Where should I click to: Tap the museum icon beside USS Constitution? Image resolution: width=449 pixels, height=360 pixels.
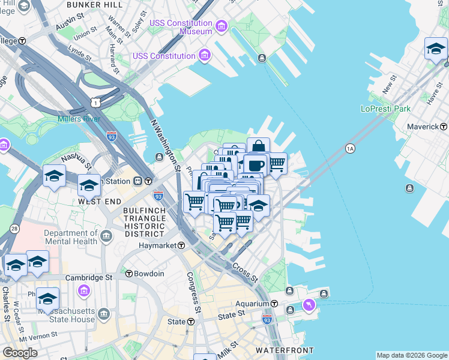(205, 56)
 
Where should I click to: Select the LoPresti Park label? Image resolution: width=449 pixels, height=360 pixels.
(385, 109)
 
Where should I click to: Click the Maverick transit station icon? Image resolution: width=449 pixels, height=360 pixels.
(444, 127)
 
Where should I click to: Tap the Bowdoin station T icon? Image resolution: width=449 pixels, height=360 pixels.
(129, 274)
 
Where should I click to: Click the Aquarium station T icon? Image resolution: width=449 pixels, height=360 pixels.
(274, 304)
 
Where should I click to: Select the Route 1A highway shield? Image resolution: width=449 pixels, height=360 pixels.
(350, 148)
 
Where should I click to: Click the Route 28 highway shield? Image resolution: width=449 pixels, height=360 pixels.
(14, 229)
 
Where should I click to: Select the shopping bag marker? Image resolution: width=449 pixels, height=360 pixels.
(258, 146)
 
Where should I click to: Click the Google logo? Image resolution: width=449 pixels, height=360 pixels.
(20, 353)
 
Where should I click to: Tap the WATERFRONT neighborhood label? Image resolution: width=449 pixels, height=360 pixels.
(285, 350)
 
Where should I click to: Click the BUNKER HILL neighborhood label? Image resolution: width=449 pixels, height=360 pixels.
(95, 5)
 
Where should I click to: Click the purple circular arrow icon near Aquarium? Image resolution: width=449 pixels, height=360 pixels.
(309, 305)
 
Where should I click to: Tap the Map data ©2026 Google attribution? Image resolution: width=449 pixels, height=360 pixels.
(411, 355)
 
